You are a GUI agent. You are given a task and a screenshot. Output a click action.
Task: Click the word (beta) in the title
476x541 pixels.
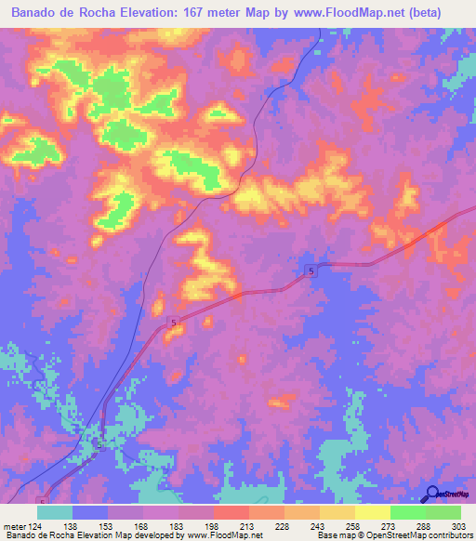443,14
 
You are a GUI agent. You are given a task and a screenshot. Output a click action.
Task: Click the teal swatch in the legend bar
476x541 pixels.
55,512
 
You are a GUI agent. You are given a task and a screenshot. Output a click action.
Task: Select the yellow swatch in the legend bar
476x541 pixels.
373,512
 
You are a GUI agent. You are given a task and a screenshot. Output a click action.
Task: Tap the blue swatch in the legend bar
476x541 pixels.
90,512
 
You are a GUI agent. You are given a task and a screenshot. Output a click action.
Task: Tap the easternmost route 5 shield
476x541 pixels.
311,270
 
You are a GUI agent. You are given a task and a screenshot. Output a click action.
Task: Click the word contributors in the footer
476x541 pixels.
450,535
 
